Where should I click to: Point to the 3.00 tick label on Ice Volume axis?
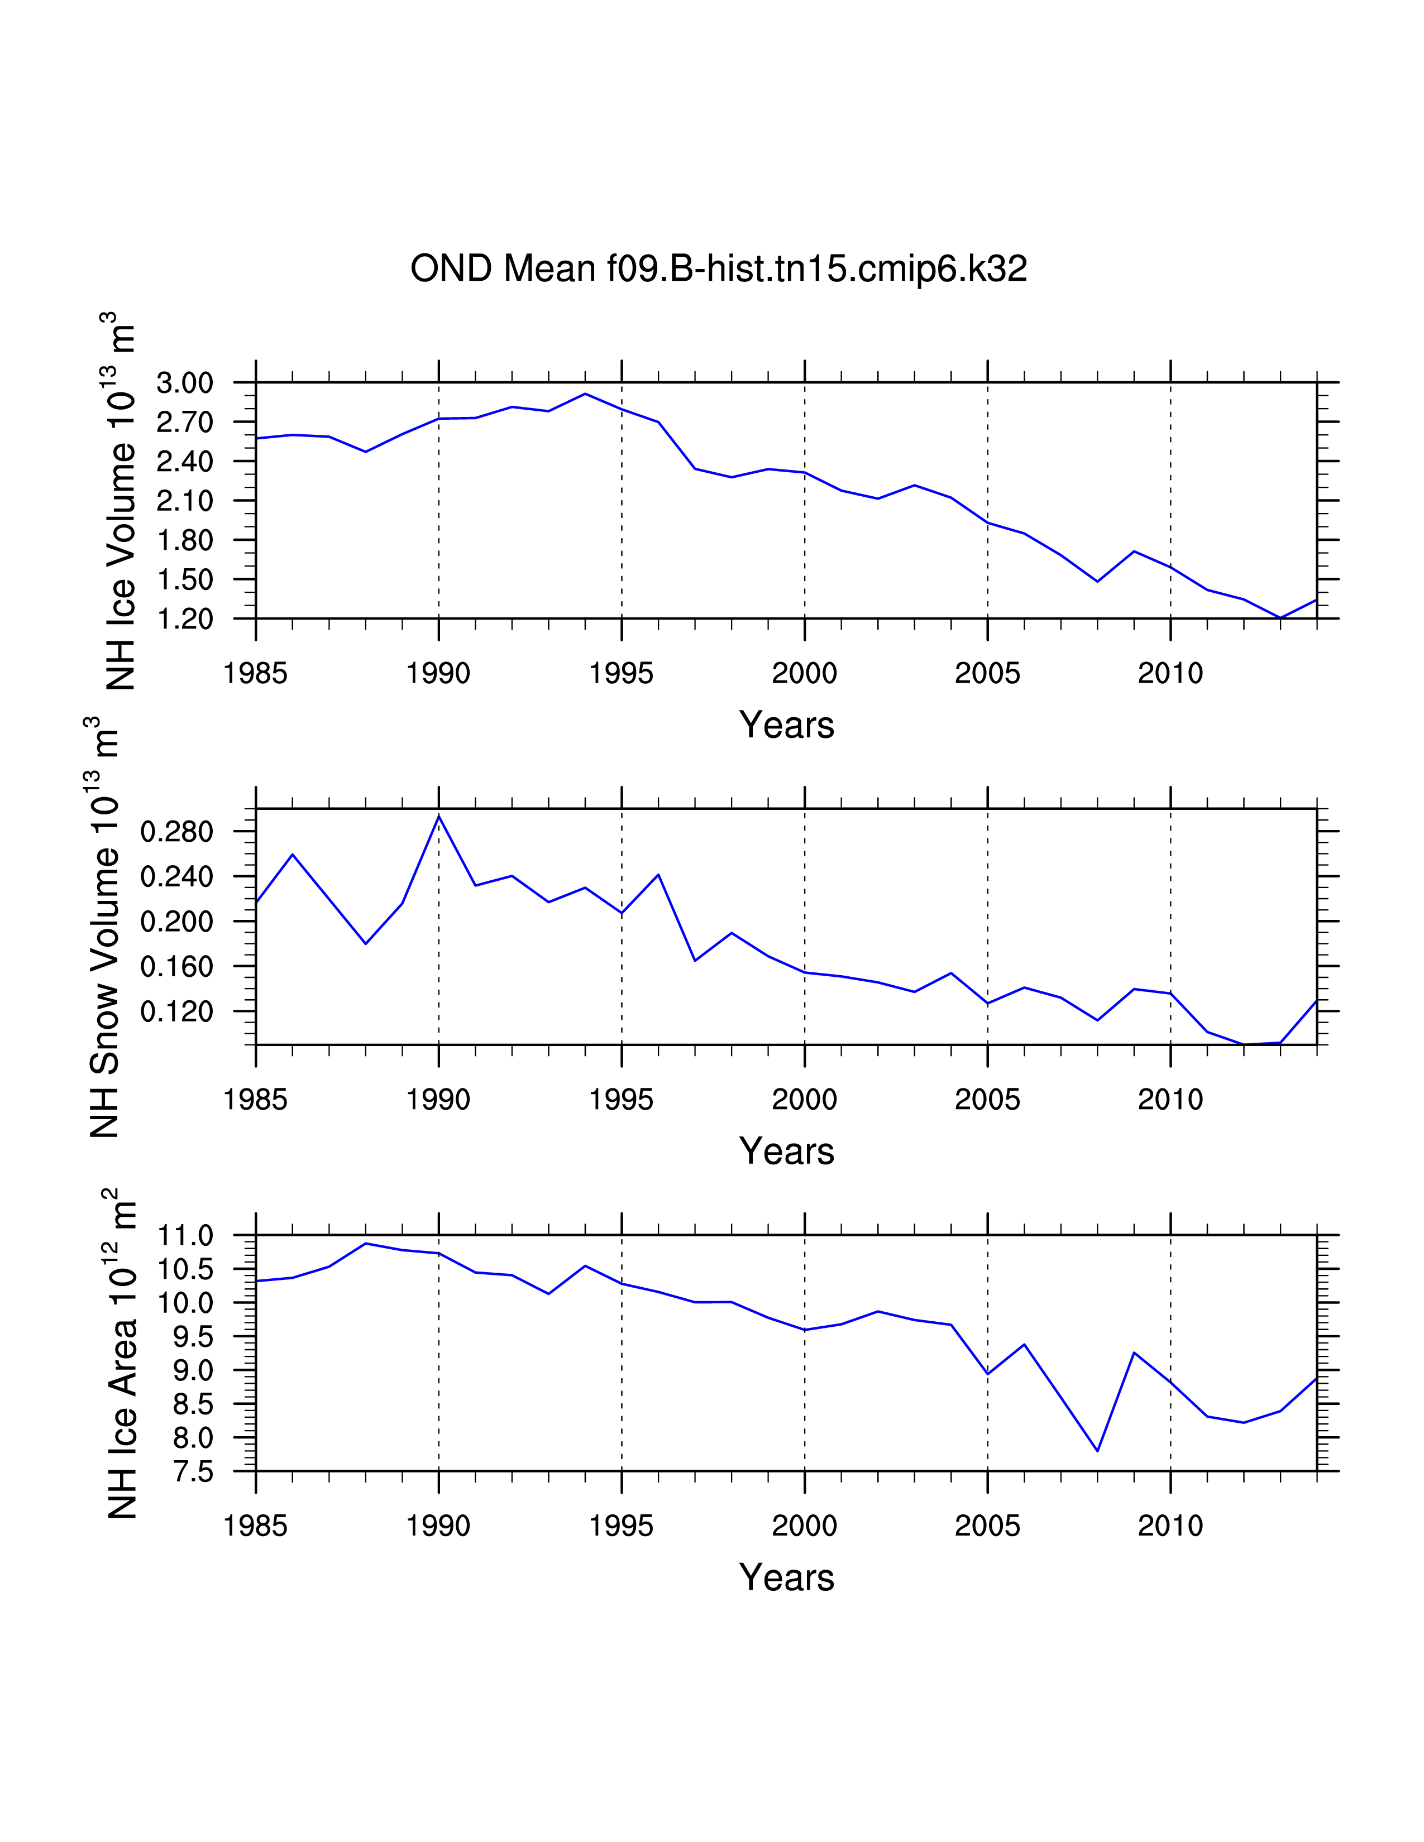point(185,383)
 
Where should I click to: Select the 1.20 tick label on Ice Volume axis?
point(185,619)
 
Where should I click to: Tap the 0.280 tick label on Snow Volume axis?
point(176,832)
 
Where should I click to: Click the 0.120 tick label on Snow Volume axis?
point(176,1011)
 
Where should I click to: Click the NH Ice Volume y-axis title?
point(120,501)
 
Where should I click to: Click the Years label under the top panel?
point(786,725)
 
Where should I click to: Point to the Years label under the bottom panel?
point(786,1577)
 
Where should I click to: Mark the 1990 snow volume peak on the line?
point(439,817)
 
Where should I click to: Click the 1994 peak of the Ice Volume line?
point(585,394)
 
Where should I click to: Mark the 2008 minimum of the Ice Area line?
point(1097,1451)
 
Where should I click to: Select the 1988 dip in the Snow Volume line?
point(365,943)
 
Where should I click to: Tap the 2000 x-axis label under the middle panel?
point(804,1100)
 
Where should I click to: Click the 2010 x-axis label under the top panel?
point(1170,673)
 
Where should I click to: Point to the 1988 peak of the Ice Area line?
point(365,1243)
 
